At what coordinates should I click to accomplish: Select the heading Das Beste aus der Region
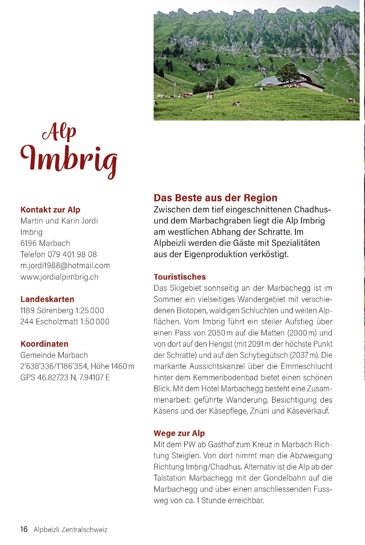pyautogui.click(x=216, y=198)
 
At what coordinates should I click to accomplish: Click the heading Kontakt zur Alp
pyautogui.click(x=50, y=210)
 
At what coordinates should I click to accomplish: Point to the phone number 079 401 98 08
pyautogui.click(x=72, y=254)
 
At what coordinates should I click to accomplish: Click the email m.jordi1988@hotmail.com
pyautogui.click(x=65, y=266)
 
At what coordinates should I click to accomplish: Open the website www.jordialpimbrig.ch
pyautogui.click(x=59, y=277)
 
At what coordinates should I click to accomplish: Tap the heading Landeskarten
pyautogui.click(x=47, y=299)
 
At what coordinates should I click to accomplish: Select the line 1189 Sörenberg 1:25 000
pyautogui.click(x=62, y=310)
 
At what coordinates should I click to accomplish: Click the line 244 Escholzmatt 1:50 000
pyautogui.click(x=65, y=322)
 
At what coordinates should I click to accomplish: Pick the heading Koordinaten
pyautogui.click(x=44, y=344)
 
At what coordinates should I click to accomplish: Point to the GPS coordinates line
pyautogui.click(x=65, y=378)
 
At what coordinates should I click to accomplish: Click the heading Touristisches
pyautogui.click(x=180, y=277)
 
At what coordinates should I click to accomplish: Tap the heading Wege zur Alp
pyautogui.click(x=179, y=433)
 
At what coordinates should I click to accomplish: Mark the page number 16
pyautogui.click(x=24, y=529)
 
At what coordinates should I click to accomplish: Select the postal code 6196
pyautogui.click(x=28, y=243)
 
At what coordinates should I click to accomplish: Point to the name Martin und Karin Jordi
pyautogui.click(x=59, y=221)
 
